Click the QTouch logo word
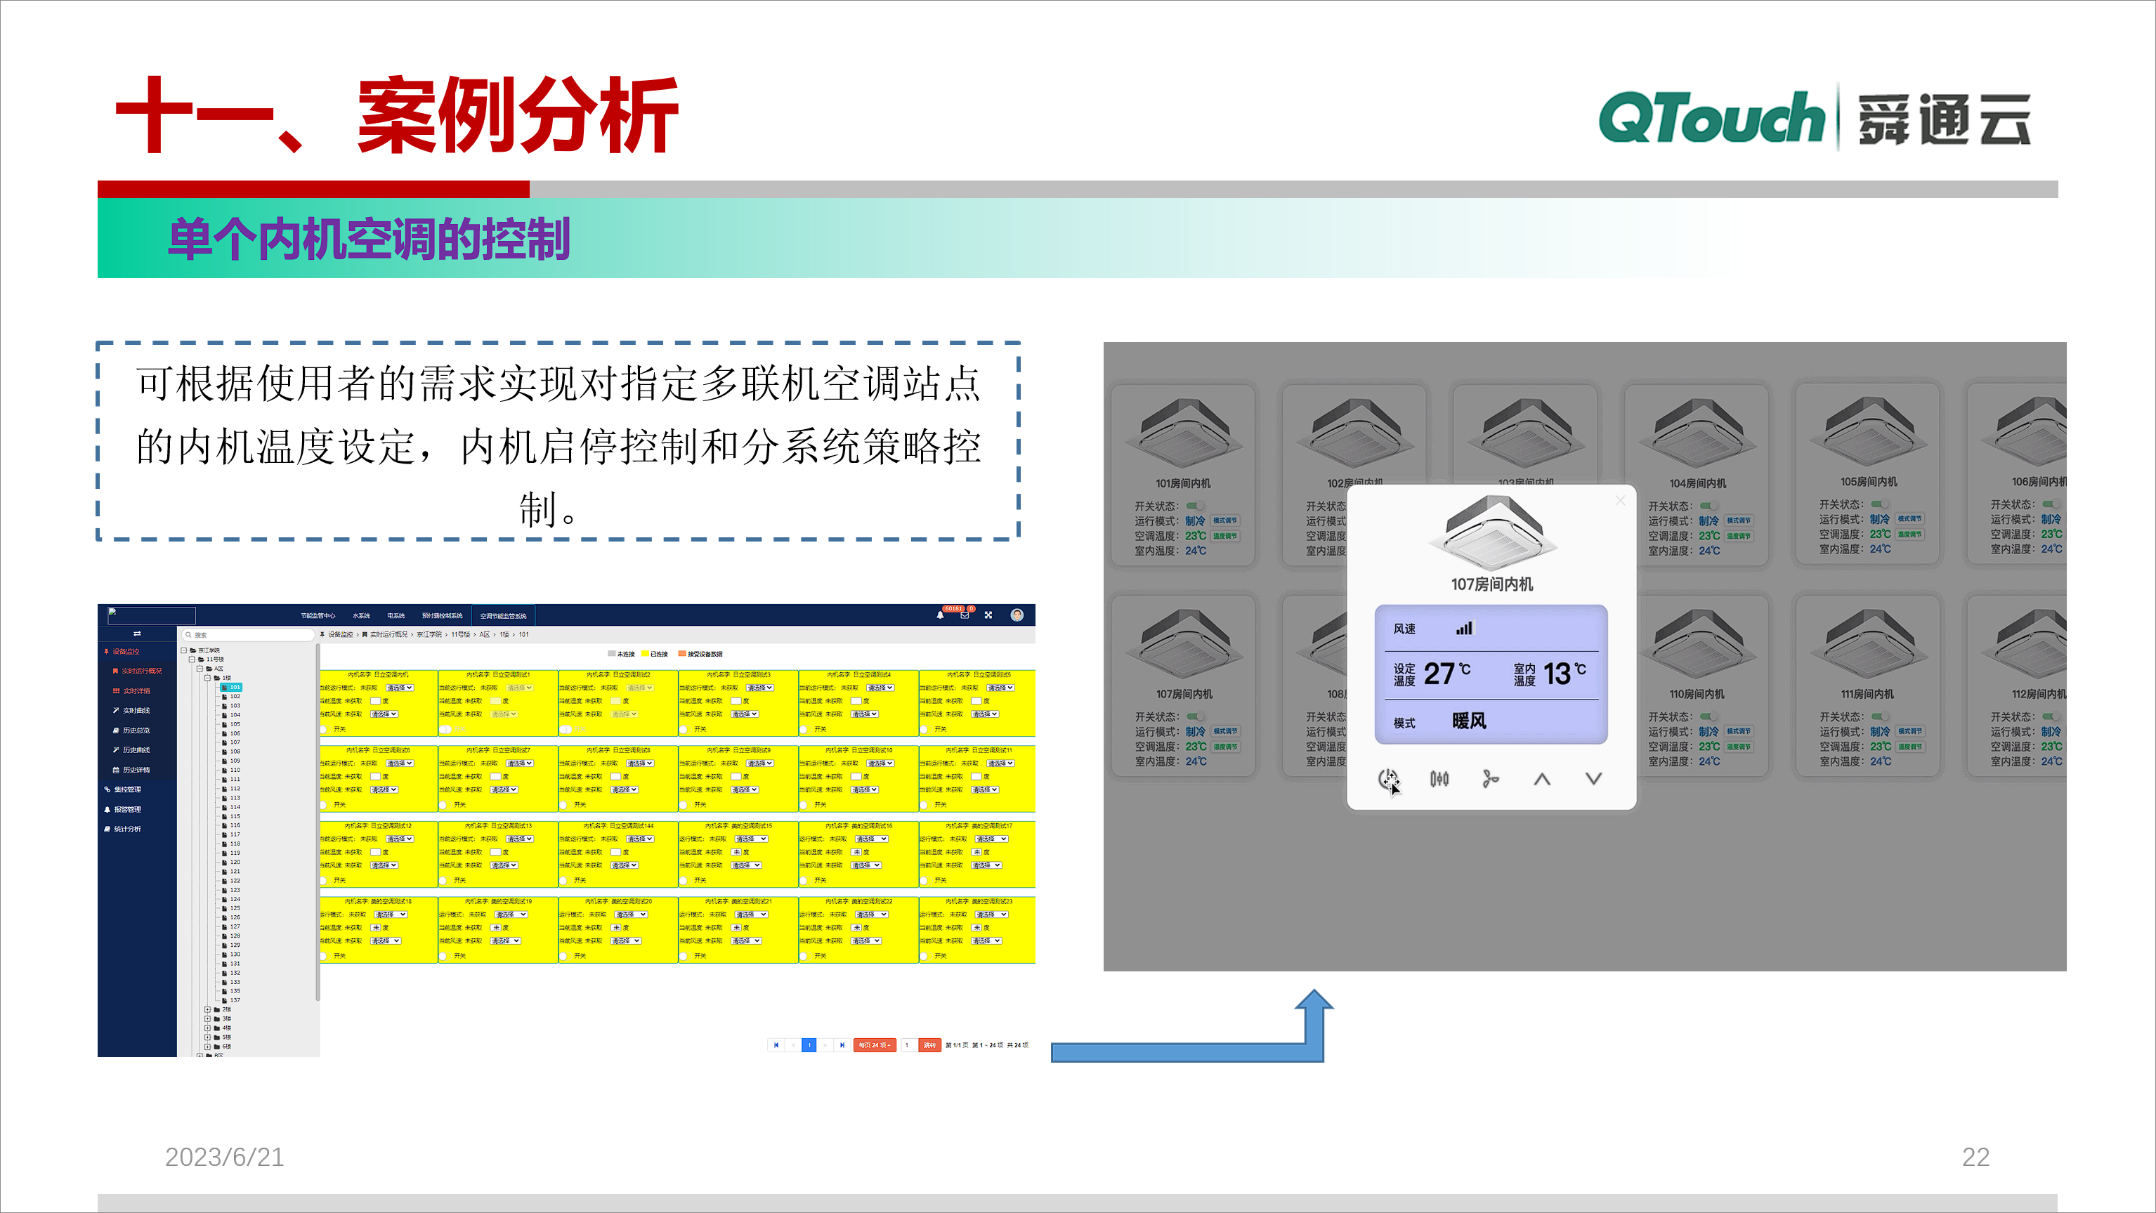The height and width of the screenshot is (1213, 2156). coord(1711,119)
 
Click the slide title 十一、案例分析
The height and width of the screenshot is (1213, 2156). coord(397,115)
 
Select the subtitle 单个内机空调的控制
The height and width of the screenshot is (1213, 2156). coord(369,240)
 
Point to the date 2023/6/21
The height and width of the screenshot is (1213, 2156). coord(224,1156)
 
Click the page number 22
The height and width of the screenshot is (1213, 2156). coord(1975,1156)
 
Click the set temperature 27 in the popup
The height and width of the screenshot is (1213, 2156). coord(1439,674)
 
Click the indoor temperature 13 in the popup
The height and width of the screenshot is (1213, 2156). coord(1557,674)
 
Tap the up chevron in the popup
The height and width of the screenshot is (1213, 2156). coord(1542,780)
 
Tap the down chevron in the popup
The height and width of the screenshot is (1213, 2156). coord(1593,779)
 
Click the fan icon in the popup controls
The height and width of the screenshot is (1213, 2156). coord(1490,780)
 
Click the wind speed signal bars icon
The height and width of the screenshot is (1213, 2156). coord(1464,628)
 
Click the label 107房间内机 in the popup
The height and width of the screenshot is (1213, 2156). coord(1491,584)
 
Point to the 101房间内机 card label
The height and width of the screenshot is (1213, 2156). coord(1182,483)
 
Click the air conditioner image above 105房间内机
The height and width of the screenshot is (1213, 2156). coord(1867,429)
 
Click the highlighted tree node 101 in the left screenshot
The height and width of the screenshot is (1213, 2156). coord(235,687)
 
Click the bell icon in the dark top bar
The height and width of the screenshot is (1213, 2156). coord(940,615)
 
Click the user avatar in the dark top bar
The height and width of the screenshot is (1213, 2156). coord(1017,615)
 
